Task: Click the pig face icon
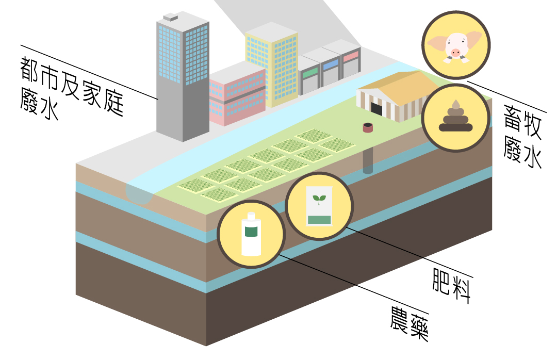(455, 45)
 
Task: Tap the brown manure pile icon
(455, 118)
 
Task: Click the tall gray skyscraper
(181, 77)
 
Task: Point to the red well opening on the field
(368, 127)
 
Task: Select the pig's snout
(455, 52)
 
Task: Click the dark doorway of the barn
(376, 109)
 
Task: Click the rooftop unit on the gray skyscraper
(170, 18)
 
